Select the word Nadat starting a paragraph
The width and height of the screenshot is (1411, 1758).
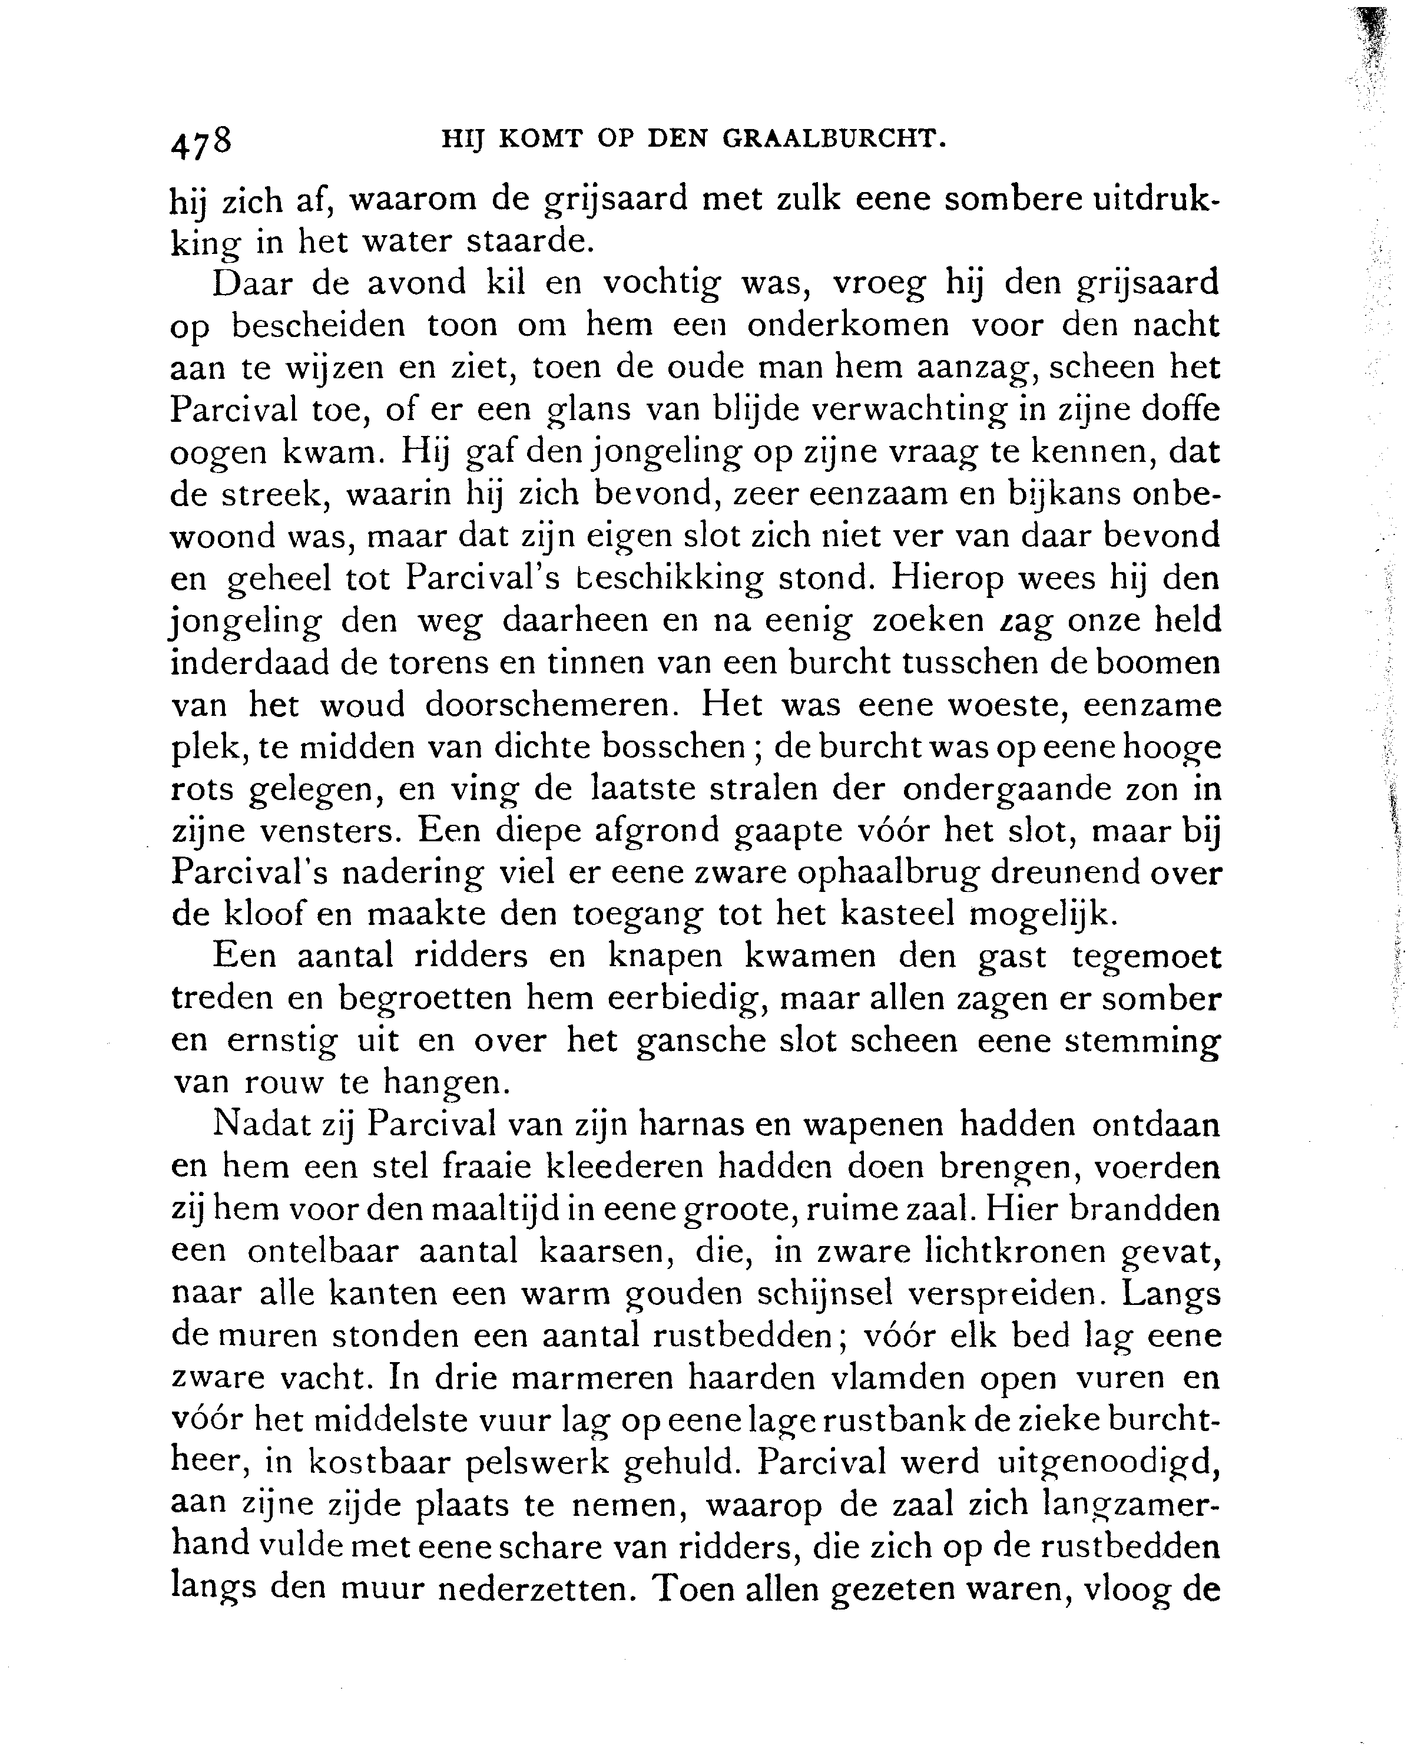tap(261, 1125)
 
